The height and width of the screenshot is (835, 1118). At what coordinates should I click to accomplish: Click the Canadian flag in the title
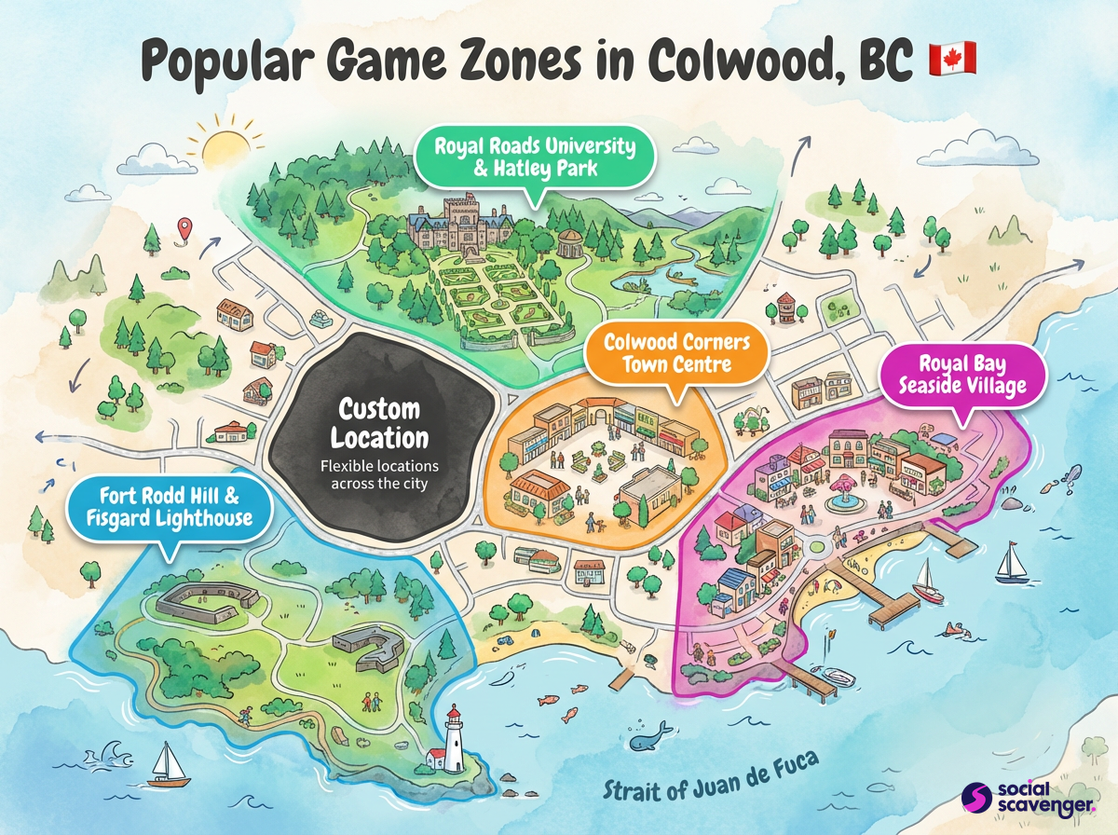coord(952,59)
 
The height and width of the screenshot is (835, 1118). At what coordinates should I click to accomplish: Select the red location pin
coord(185,227)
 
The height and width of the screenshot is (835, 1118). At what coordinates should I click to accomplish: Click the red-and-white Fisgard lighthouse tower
coord(455,740)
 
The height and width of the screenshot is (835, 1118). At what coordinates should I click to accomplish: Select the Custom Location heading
coord(379,423)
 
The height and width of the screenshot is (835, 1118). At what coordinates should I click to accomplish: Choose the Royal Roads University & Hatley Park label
coord(539,156)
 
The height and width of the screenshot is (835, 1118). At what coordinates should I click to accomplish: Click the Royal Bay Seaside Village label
coord(961,373)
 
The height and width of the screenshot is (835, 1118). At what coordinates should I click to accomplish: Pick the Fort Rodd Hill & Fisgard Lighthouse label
coord(170,504)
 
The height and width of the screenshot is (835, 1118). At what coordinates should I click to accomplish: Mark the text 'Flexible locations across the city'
coord(379,474)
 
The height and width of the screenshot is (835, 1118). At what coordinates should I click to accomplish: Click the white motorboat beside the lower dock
coord(837,678)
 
